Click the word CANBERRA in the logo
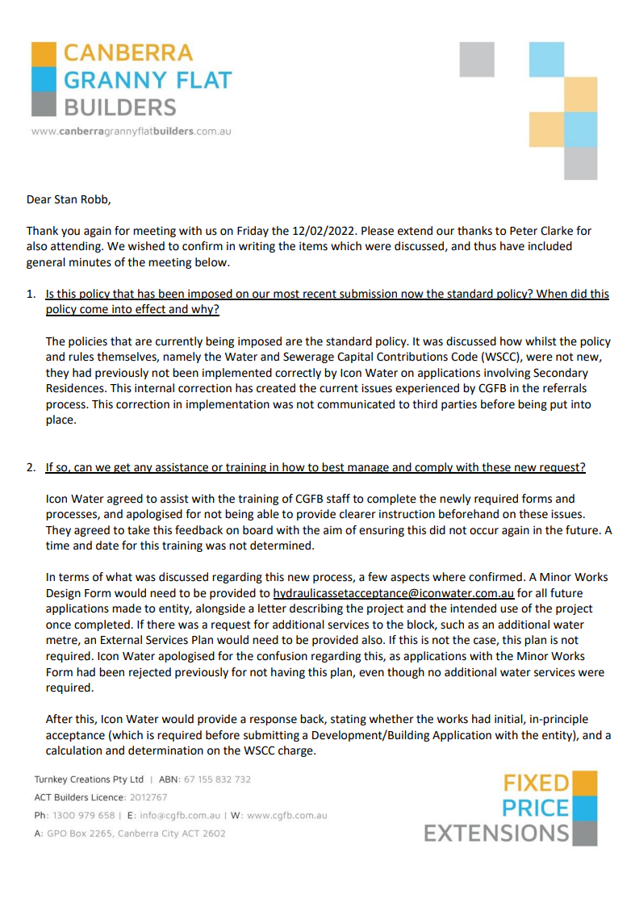[128, 53]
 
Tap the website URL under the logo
[131, 131]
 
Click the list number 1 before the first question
[32, 295]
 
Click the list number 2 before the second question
[32, 467]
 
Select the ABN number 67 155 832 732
[217, 780]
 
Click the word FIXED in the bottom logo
[537, 783]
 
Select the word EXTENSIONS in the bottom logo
[497, 833]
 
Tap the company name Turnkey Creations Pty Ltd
[89, 780]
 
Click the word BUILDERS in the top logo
[119, 107]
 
